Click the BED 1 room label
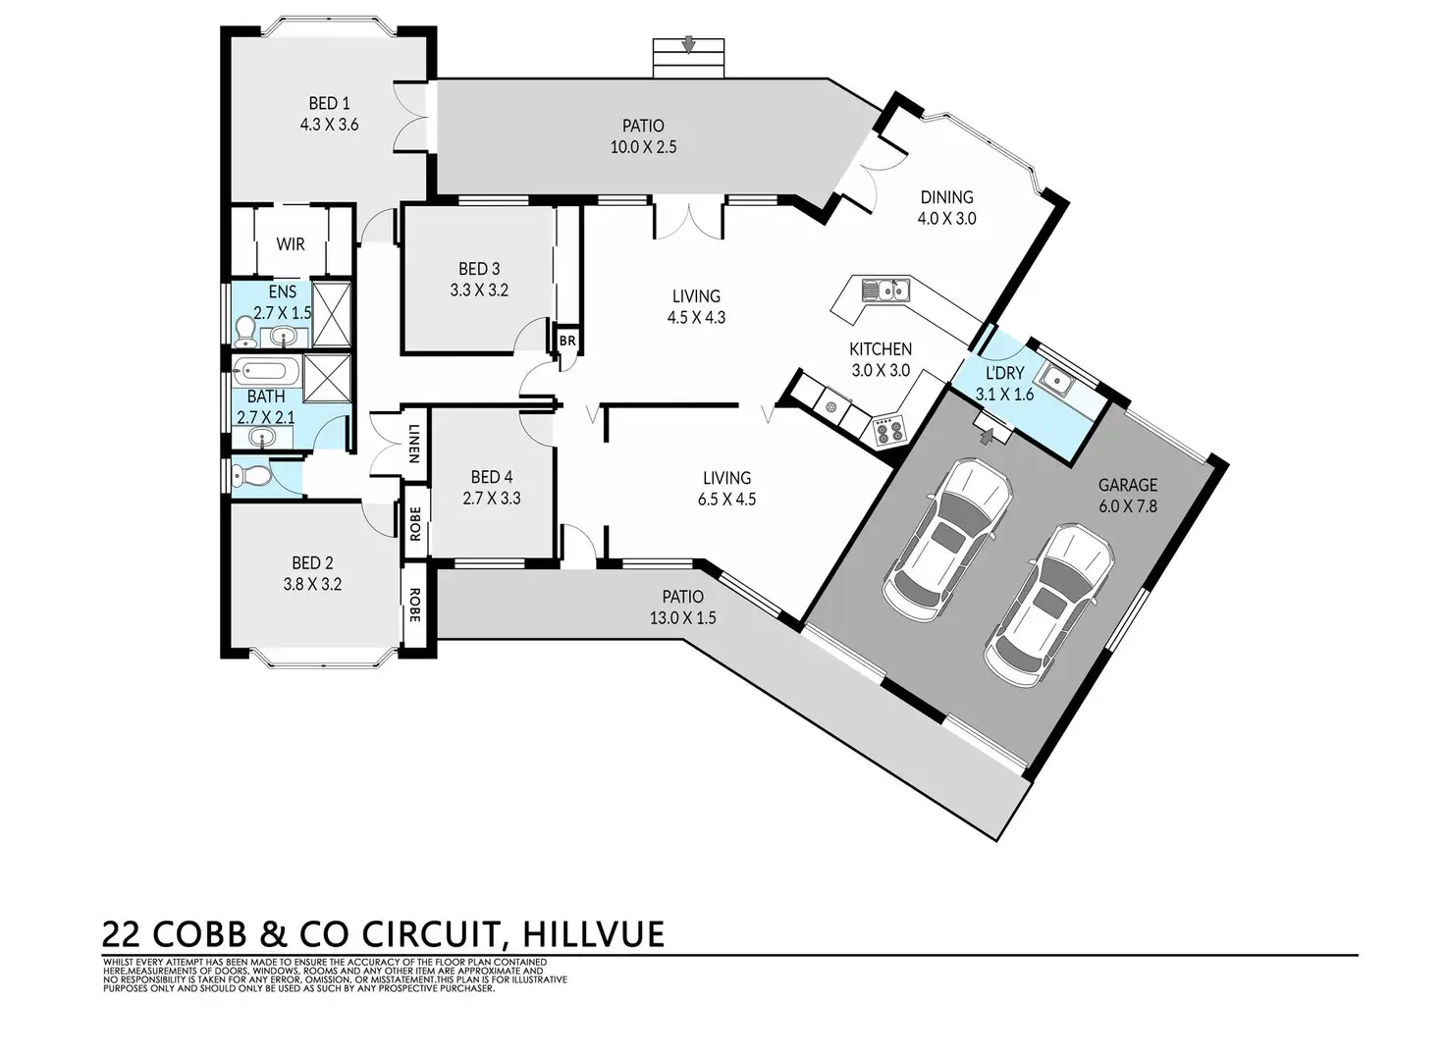[x=329, y=103]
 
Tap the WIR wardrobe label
[x=290, y=243]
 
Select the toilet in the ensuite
[x=245, y=332]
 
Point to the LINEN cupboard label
[x=414, y=443]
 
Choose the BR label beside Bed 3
[x=567, y=341]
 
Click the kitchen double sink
[x=884, y=290]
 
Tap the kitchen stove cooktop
[x=888, y=430]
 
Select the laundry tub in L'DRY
[x=1057, y=378]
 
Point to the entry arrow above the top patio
[x=689, y=44]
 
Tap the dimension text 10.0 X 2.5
[x=643, y=147]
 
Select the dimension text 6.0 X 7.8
[x=1127, y=506]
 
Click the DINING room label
[x=946, y=197]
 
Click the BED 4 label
[x=491, y=477]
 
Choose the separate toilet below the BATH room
[x=253, y=477]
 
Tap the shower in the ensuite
[x=331, y=314]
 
